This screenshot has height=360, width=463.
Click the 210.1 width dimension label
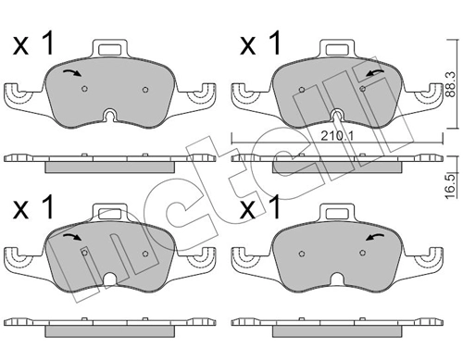(337, 136)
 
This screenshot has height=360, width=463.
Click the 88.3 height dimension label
(451, 84)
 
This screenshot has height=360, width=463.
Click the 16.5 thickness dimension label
(451, 187)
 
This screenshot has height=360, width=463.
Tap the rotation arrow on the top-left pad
(72, 73)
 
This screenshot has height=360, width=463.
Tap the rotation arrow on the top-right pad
(375, 73)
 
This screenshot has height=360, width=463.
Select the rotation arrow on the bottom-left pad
(72, 237)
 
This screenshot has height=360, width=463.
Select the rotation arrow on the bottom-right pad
(375, 237)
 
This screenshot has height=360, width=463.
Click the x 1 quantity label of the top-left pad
(33, 44)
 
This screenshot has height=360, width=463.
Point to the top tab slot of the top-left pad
(109, 49)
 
